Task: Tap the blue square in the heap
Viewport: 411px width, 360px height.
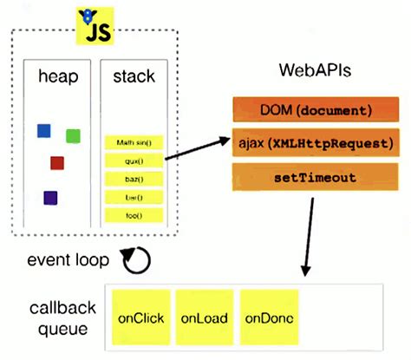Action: tap(44, 131)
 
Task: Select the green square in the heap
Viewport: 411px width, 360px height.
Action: tap(73, 135)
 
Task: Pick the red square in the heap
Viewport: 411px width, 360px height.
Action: tap(57, 162)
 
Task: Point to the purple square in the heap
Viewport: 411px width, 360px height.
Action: tap(50, 198)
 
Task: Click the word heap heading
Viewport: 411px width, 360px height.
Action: tap(58, 78)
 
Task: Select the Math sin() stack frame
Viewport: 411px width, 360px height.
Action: tap(134, 142)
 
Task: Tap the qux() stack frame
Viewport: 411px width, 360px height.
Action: tap(134, 160)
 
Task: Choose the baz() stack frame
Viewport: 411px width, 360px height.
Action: tap(134, 179)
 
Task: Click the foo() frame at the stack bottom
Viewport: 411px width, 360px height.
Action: tap(134, 215)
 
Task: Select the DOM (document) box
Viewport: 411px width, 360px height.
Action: tap(316, 110)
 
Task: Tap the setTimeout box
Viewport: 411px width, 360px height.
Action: tap(316, 176)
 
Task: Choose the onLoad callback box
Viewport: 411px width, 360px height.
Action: tap(204, 317)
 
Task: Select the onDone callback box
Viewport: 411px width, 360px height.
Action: tap(270, 317)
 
